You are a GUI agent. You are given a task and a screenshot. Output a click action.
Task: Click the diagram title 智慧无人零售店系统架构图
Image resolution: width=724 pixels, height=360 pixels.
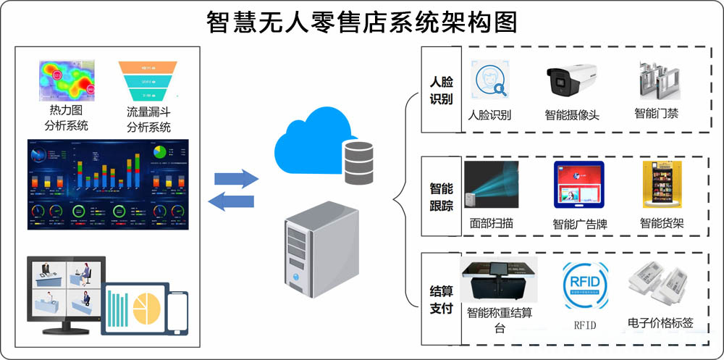(x=362, y=22)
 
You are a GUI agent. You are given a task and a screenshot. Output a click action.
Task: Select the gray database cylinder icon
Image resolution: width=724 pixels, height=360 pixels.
(x=358, y=162)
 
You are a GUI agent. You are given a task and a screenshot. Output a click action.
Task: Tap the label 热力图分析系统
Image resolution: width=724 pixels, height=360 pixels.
(x=68, y=118)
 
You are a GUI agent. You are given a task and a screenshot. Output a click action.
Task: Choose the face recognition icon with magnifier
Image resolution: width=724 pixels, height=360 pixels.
(x=489, y=80)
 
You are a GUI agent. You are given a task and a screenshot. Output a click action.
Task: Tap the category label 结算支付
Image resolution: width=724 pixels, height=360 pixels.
(x=441, y=300)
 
